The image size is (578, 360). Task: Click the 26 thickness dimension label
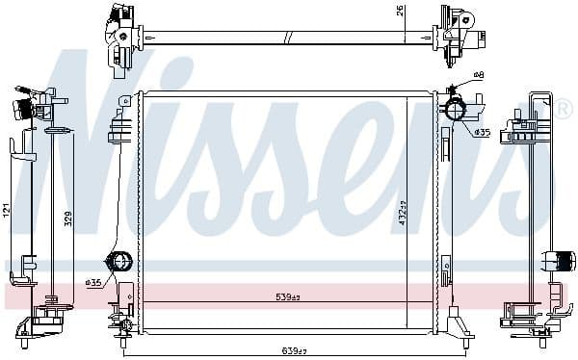coord(399,12)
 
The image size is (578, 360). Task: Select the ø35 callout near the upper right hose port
coord(481,132)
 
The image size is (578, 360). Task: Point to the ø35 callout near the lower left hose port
coord(93,282)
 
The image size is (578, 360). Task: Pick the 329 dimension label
coord(67,219)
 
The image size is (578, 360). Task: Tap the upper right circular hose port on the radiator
coord(455,111)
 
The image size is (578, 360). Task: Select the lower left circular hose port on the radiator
coord(120,262)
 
